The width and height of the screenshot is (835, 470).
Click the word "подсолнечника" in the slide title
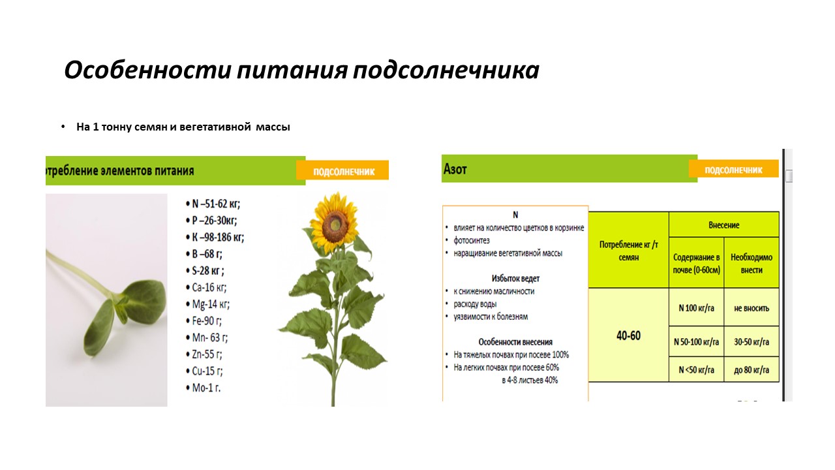pos(446,70)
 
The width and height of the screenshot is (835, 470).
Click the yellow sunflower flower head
pos(335,223)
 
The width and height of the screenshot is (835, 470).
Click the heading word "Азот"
pos(455,169)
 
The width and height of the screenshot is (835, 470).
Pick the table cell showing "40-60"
pos(628,336)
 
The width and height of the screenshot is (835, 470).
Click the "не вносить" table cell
pos(751,307)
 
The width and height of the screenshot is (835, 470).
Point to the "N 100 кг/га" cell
pos(696,307)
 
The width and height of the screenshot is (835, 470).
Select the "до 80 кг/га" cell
pos(751,369)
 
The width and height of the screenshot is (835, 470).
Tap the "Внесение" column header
pos(724,225)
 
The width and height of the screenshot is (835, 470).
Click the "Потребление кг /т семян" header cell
pos(628,251)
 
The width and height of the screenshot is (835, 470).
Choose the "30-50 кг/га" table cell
pos(751,341)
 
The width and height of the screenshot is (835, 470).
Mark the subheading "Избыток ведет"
pos(515,278)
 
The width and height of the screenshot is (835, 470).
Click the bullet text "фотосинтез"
pos(472,241)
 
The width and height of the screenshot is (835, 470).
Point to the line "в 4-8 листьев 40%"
pos(530,380)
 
